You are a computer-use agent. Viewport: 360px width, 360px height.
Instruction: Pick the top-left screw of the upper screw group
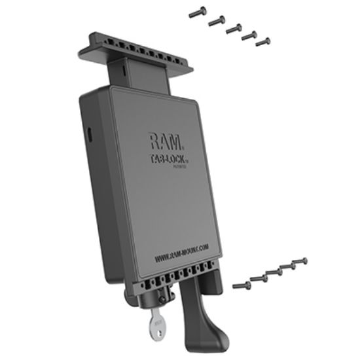(x=197, y=11)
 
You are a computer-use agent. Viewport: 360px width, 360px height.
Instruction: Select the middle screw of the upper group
(x=232, y=28)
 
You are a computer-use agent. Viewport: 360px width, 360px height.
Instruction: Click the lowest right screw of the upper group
(x=263, y=43)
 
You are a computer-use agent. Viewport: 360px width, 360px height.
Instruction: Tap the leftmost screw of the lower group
(x=241, y=285)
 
